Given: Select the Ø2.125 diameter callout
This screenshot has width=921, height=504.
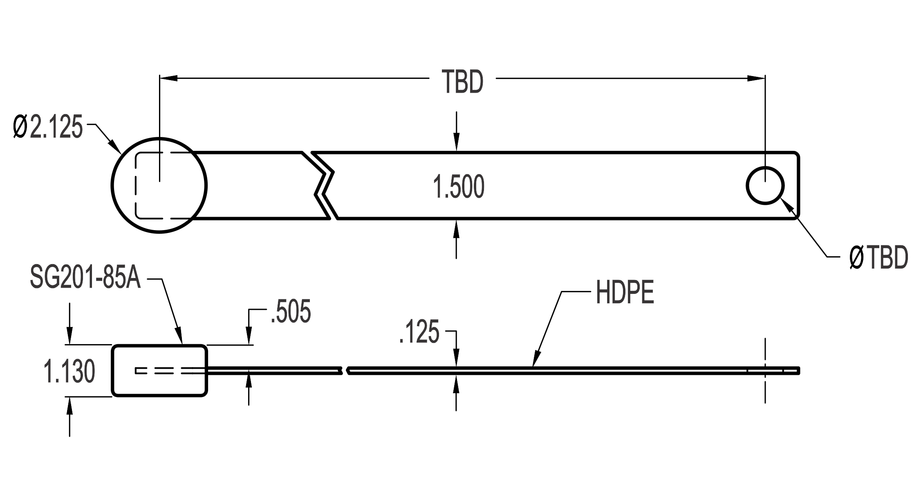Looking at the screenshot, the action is (48, 126).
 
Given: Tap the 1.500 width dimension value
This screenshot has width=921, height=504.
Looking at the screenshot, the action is (459, 187).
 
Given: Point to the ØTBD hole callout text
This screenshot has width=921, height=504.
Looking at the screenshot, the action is (878, 258).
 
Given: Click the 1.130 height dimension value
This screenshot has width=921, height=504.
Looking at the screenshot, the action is (69, 372).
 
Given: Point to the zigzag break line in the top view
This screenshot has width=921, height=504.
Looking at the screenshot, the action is (324, 185).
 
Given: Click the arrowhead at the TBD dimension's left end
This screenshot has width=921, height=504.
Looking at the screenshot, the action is (168, 78).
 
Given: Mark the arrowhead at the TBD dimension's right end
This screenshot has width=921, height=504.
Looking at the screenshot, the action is (756, 78).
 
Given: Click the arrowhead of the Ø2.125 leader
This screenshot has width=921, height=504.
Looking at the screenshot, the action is (114, 147).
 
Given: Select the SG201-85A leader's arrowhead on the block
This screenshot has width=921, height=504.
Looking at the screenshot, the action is (179, 336).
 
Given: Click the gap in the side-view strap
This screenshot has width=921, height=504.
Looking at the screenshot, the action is (344, 371).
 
